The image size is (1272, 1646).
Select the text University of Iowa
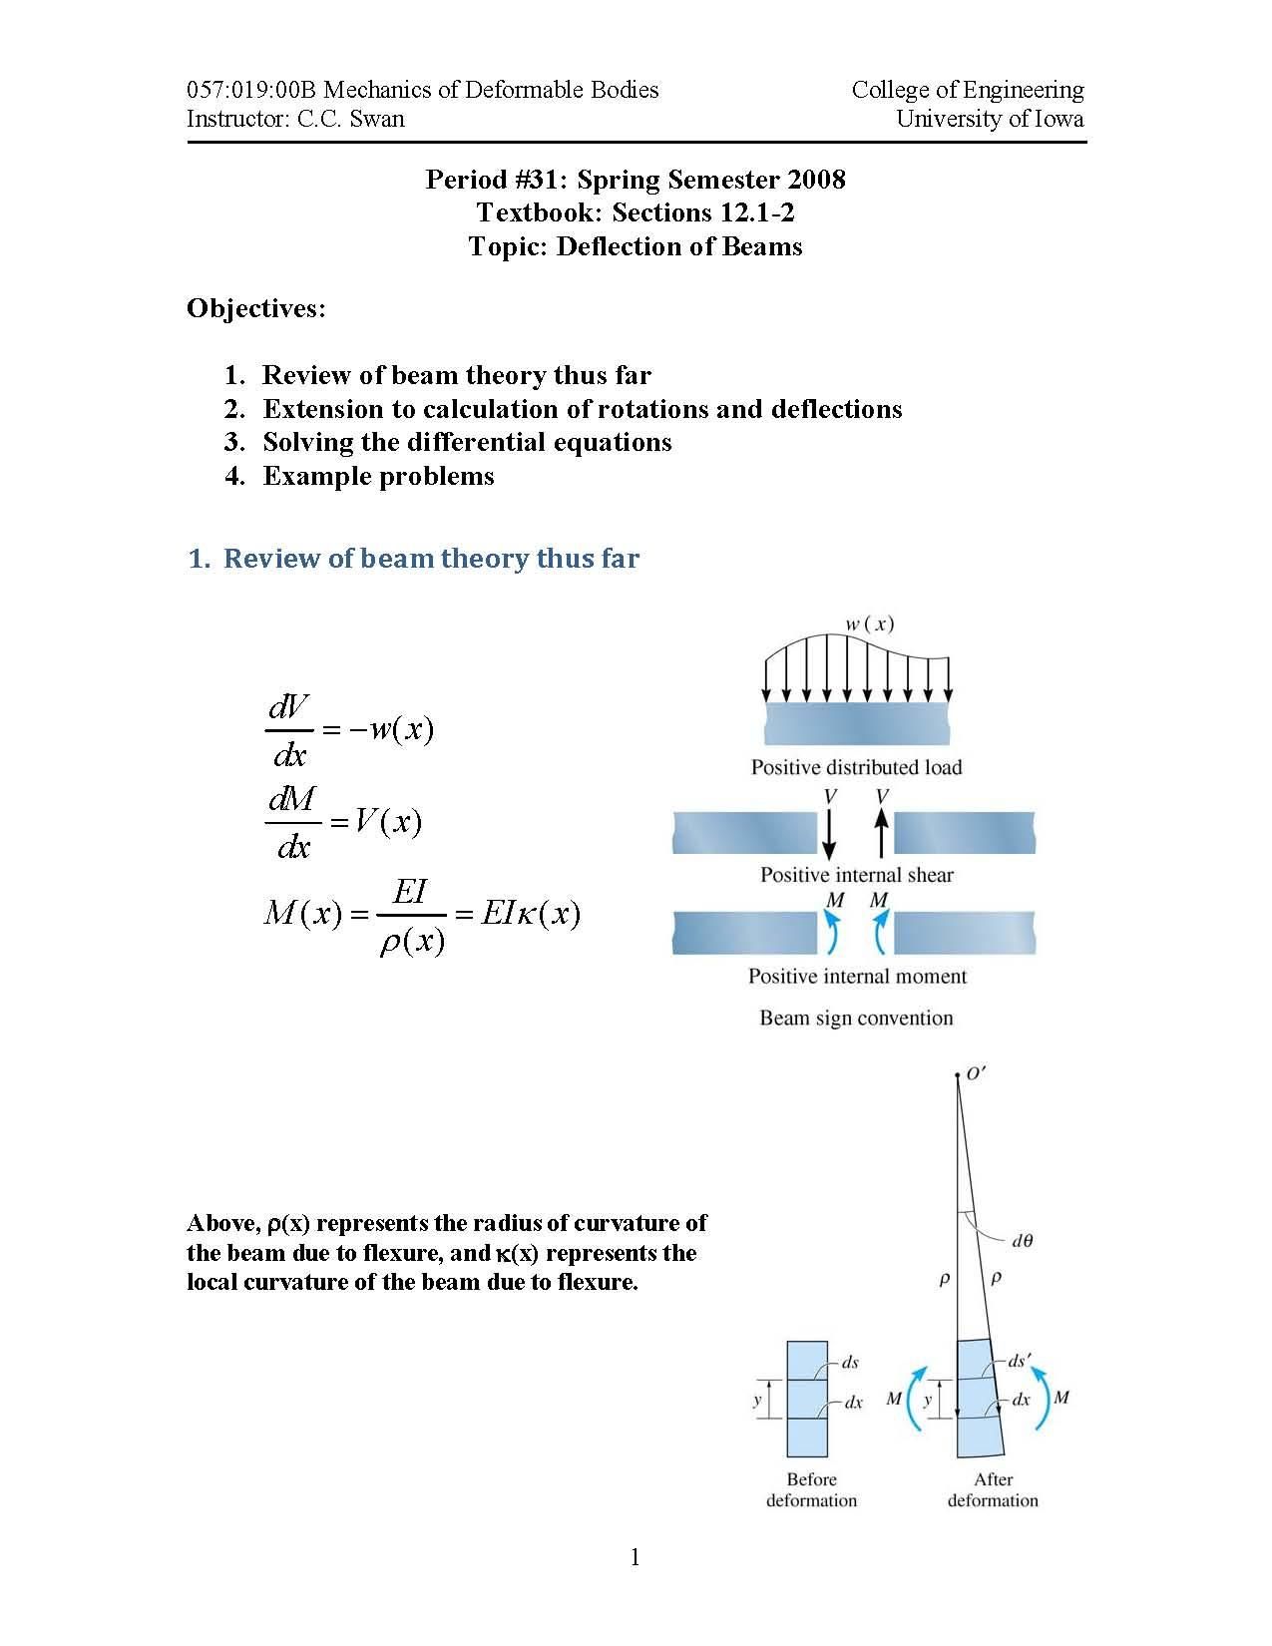click(x=989, y=119)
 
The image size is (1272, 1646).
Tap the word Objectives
click(x=255, y=308)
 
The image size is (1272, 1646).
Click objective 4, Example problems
click(x=378, y=476)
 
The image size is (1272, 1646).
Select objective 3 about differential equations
click(x=467, y=442)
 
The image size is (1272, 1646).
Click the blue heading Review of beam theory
click(x=430, y=559)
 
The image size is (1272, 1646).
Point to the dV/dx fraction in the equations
click(x=289, y=730)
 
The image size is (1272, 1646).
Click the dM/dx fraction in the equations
click(x=292, y=822)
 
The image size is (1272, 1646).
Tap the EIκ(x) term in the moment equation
click(x=530, y=914)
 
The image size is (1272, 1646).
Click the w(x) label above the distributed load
click(x=869, y=624)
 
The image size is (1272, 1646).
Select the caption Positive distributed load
click(x=856, y=767)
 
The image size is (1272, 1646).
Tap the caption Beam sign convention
click(x=856, y=1018)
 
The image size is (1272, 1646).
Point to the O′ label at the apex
click(x=976, y=1074)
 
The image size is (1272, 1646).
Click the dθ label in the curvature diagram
click(x=1022, y=1241)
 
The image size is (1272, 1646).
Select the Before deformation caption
click(x=811, y=1489)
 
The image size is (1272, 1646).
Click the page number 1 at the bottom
click(x=636, y=1557)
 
